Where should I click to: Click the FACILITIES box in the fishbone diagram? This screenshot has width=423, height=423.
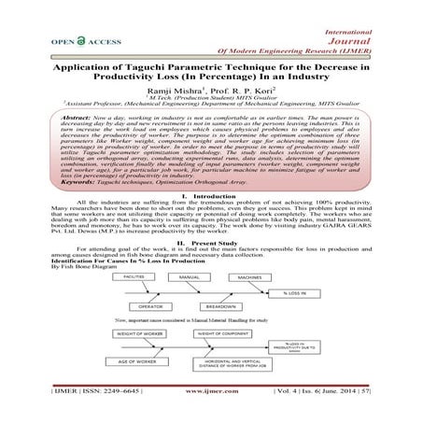point(134,278)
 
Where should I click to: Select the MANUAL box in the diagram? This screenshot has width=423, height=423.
point(190,278)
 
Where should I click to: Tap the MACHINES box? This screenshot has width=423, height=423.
point(248,278)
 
